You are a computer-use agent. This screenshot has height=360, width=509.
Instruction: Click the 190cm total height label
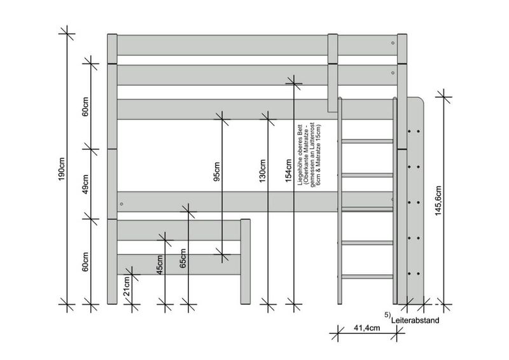pos(62,169)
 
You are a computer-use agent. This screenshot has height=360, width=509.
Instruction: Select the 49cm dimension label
pos(85,184)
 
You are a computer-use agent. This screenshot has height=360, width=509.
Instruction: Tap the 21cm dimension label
pos(127,286)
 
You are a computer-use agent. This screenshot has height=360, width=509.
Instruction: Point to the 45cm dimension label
pos(160,265)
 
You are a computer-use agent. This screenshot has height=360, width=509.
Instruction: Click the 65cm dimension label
pos(183,258)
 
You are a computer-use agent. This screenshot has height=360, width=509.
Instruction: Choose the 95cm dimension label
pos(217,171)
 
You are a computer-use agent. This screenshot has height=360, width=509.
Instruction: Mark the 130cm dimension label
pos(263,170)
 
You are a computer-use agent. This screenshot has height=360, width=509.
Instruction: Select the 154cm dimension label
pos(289,170)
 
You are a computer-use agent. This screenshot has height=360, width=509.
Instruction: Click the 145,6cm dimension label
pos(438,201)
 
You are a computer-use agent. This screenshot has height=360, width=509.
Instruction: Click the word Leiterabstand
pos(415,321)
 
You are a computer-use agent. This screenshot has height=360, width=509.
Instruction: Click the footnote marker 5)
pos(387,315)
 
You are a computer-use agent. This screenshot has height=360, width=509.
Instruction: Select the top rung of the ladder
pos(368,141)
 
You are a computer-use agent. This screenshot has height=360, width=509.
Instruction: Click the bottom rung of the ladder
pos(368,277)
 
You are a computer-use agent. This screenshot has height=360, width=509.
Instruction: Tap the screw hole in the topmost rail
pos(393,43)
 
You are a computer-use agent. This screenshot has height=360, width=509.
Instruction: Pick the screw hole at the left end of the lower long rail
pos(122,204)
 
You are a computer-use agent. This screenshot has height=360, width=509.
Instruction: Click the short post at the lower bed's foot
pos(246,261)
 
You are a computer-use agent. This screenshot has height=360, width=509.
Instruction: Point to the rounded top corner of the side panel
pos(421,100)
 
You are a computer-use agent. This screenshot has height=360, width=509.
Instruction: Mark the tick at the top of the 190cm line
pos(67,34)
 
